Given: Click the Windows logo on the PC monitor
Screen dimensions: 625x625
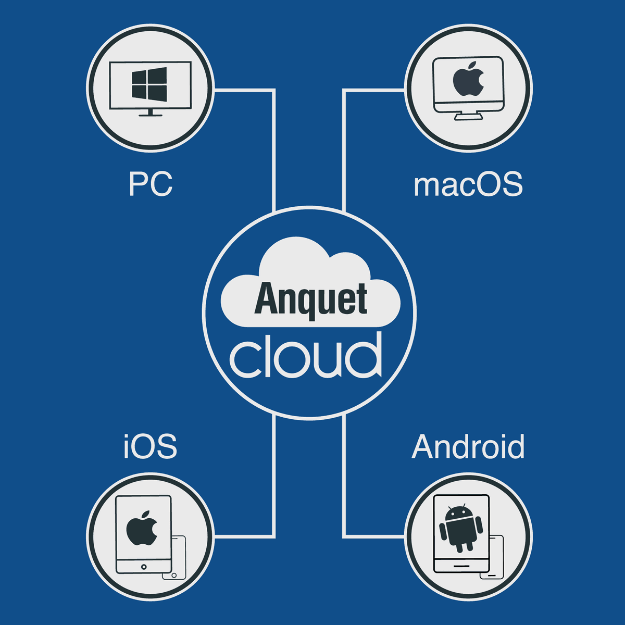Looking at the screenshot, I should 149,84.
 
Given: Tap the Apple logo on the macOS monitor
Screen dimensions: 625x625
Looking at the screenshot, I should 468,80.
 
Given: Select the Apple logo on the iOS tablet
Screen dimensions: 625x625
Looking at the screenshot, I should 142,528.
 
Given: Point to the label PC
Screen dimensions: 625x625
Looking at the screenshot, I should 150,184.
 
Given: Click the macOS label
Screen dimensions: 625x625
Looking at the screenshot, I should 468,184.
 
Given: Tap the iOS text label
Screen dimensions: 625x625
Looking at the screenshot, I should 150,447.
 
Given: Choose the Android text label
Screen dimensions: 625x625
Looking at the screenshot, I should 468,447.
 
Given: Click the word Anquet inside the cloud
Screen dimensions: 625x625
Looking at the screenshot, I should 311,299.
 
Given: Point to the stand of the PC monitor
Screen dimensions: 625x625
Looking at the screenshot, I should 150,113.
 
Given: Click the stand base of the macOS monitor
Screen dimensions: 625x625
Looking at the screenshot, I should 468,117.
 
